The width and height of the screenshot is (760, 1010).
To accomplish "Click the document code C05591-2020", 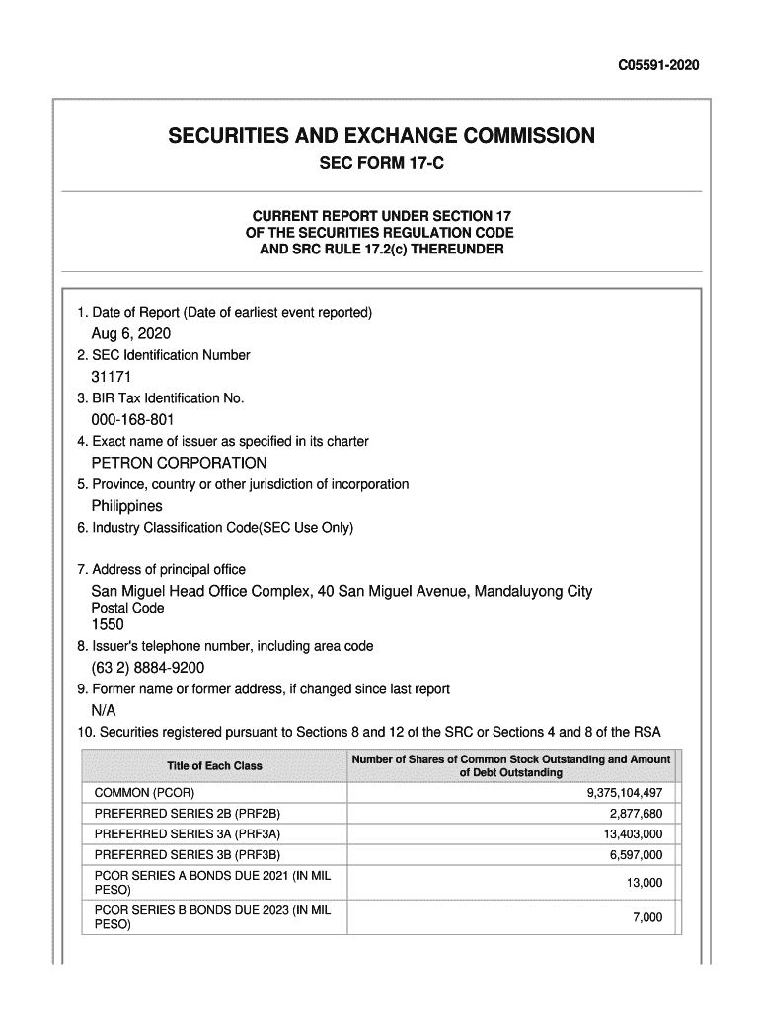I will (x=658, y=66).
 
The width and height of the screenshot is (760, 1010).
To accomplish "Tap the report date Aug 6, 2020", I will (x=131, y=333).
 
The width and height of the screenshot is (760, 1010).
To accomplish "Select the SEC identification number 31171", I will (x=112, y=377).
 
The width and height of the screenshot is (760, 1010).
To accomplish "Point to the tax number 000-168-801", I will (x=132, y=420).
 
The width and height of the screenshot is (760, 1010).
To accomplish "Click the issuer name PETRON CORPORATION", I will (x=179, y=463).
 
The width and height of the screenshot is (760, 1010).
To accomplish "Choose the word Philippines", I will (x=127, y=506).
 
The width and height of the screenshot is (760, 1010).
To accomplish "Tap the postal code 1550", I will (x=109, y=625).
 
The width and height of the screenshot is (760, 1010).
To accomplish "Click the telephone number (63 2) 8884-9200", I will (x=148, y=668).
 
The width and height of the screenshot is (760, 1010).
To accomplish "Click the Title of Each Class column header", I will (x=214, y=766).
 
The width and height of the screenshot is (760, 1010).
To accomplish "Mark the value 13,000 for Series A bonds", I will (x=645, y=883).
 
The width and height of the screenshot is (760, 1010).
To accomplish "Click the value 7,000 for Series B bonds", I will (x=647, y=918).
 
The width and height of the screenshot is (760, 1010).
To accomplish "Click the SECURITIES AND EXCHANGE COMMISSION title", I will (x=381, y=135).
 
